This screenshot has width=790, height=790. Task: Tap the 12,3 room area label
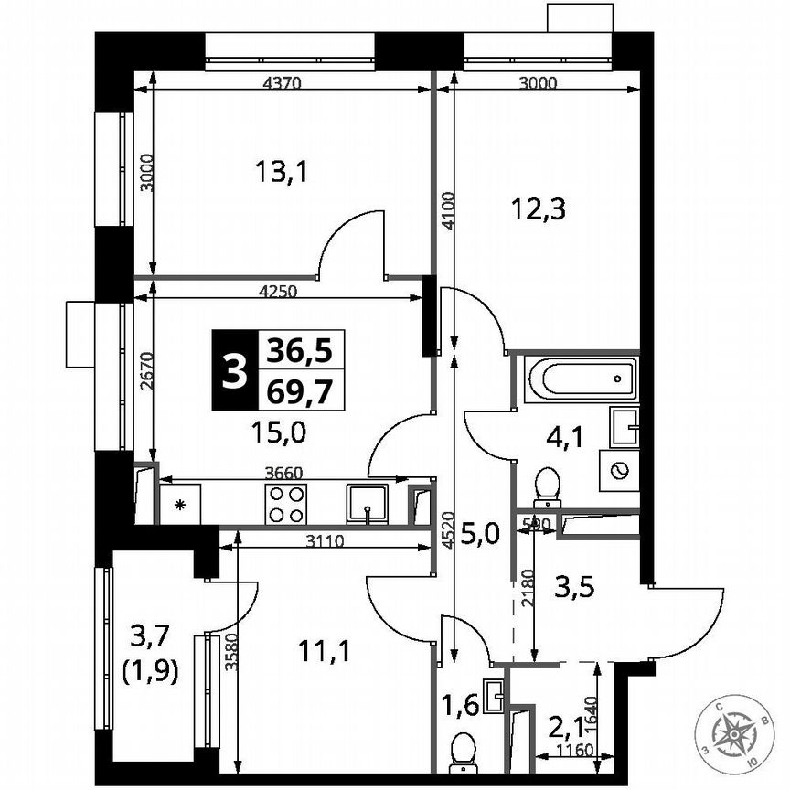(x=538, y=209)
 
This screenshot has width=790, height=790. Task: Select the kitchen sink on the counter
(x=367, y=503)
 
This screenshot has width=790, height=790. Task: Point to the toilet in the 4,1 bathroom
(x=547, y=487)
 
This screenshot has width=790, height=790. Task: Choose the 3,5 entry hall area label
(x=575, y=586)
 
